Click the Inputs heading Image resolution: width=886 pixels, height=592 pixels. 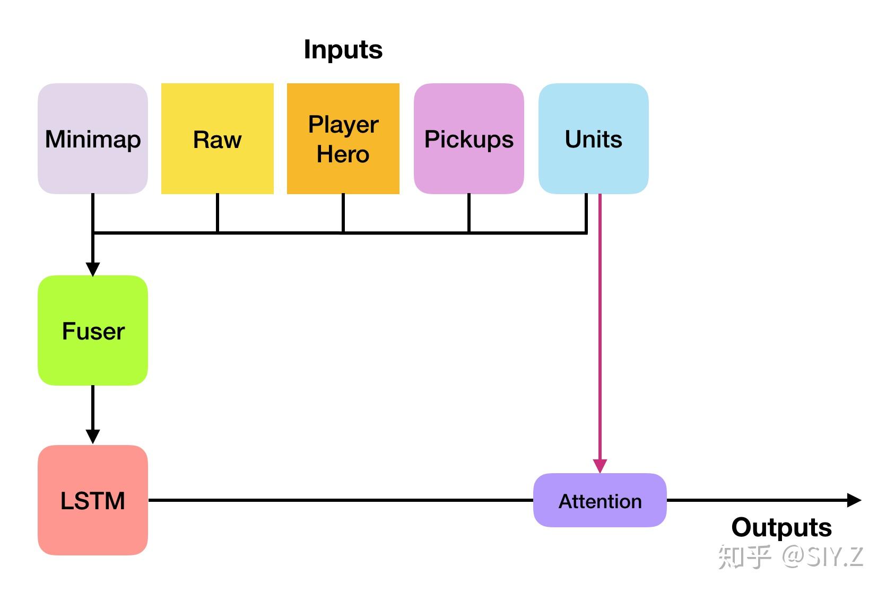click(343, 50)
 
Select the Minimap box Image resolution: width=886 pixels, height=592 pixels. click(93, 139)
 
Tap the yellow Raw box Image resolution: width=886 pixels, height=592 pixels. click(218, 139)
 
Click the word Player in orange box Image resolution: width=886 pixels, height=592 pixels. click(343, 125)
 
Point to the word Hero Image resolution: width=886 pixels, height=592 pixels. click(343, 154)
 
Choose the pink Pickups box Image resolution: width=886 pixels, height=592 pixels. click(469, 139)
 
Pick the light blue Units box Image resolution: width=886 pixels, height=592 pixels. click(593, 139)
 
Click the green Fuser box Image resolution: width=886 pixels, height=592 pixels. click(93, 330)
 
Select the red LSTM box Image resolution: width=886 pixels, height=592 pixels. click(93, 500)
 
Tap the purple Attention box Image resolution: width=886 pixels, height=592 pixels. click(600, 501)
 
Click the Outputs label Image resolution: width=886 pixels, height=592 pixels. click(781, 527)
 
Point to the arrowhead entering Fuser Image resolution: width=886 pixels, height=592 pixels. click(93, 269)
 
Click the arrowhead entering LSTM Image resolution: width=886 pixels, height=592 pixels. click(93, 437)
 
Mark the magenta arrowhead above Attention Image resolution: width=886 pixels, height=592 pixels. click(600, 466)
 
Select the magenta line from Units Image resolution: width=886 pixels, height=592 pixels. click(600, 329)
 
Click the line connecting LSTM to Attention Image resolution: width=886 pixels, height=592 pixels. click(340, 500)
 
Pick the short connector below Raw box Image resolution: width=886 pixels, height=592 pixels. click(218, 213)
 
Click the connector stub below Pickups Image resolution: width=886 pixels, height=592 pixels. click(469, 213)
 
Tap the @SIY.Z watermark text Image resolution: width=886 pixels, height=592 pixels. click(822, 557)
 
